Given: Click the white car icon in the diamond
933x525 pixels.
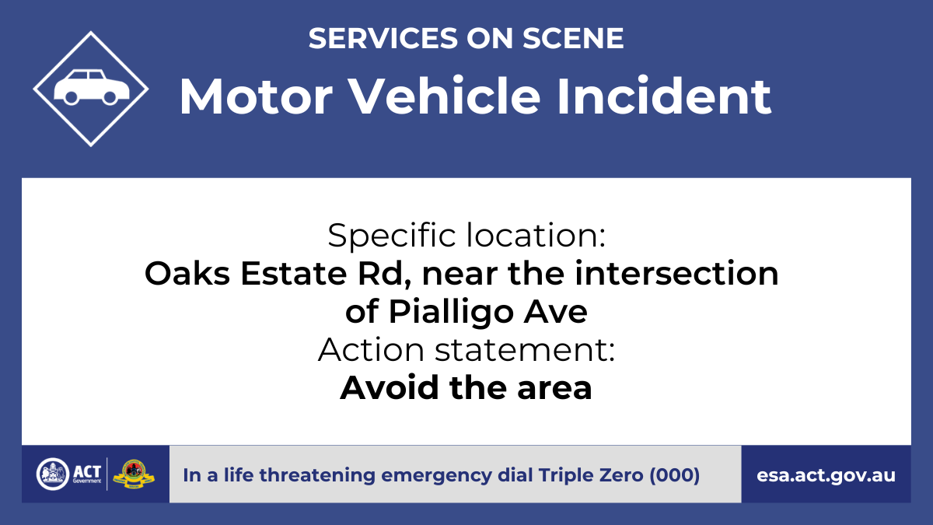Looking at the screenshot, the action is (92, 87).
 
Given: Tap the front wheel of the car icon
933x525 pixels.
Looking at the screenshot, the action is (110, 97).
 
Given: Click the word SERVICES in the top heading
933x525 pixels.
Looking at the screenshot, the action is (383, 38).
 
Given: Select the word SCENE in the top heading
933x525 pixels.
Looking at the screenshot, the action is (573, 38).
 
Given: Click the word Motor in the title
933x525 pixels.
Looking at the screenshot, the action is (256, 96).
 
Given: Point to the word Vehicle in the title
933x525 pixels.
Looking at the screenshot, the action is (444, 96).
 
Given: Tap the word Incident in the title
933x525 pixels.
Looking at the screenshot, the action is (664, 96).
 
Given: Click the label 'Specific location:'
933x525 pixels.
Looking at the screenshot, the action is (466, 236).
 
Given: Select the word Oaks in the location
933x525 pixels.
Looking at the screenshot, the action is (187, 273).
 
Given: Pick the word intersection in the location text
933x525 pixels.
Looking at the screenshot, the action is (676, 273).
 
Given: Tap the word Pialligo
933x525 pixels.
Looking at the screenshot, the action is (451, 313).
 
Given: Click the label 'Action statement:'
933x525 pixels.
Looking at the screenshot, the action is (466, 349).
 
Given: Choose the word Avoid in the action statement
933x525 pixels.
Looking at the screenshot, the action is (389, 387).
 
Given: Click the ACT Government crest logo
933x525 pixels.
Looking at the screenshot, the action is (53, 474).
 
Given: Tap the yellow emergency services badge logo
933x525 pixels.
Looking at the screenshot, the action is (134, 474).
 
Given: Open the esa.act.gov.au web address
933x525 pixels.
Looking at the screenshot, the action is (826, 475).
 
